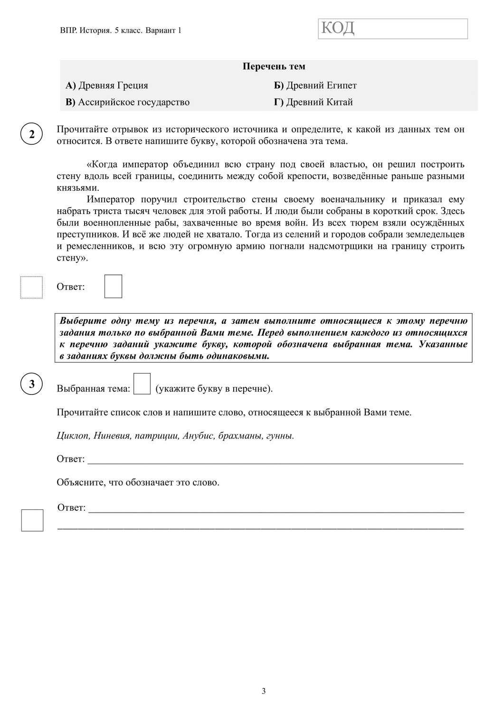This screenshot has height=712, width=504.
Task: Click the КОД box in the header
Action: pos(392,28)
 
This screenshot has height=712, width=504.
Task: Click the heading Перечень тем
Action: pos(274,66)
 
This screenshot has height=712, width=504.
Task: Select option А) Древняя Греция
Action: pos(107,85)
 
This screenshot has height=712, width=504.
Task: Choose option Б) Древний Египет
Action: pos(315,85)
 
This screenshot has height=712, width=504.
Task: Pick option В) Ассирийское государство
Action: pos(127,102)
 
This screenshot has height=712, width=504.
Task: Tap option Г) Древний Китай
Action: pos(313,102)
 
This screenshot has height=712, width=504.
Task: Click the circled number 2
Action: pos(32,134)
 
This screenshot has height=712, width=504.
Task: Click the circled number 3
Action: pos(32,384)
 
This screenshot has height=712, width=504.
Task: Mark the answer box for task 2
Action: pos(113,286)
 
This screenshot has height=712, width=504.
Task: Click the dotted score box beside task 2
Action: pos(31,287)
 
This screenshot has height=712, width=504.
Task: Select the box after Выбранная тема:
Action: pos(142,384)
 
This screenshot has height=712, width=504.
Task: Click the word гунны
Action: pos(280,436)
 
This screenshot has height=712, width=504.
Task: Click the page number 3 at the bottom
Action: pos(264,691)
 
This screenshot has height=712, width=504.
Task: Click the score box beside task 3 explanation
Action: pos(32,520)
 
